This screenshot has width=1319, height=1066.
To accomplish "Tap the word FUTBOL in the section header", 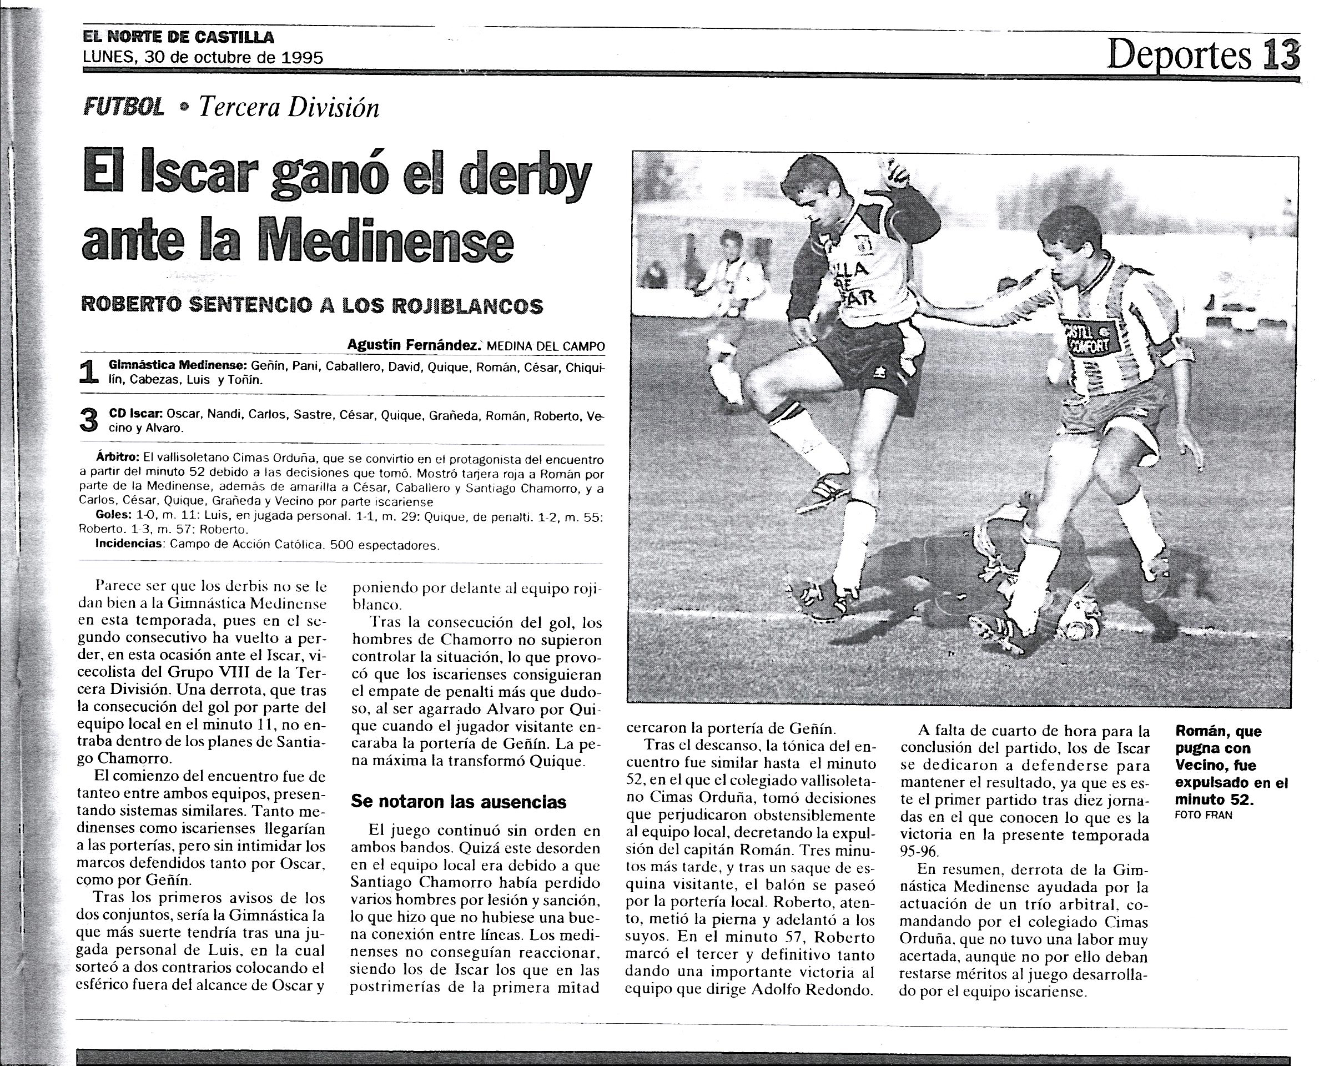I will pos(123,108).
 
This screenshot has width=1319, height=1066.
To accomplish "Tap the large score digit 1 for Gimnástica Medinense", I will pos(89,373).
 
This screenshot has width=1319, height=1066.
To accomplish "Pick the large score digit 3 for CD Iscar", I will pos(89,421).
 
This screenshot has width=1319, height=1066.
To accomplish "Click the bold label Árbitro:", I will pos(118,458).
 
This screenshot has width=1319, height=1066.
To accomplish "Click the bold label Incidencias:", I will pos(129,544).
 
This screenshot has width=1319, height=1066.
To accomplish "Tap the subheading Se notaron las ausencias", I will pos(458,802).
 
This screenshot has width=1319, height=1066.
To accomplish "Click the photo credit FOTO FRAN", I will pos(1204,815).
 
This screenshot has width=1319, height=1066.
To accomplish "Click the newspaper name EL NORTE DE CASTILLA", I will pos(179,37).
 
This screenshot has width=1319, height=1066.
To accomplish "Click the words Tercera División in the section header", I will pos(289,108).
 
